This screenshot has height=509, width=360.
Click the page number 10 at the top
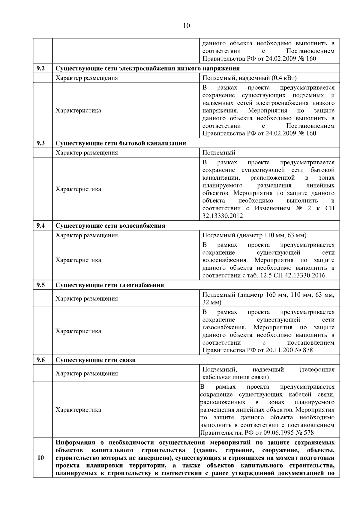click(x=186, y=26)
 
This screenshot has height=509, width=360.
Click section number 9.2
click(x=40, y=68)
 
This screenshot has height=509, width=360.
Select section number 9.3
click(x=40, y=143)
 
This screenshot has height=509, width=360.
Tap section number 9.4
click(x=40, y=226)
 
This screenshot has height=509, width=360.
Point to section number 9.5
click(x=40, y=285)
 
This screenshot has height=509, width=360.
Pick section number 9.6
click(x=40, y=360)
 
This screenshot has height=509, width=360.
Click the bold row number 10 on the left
click(x=40, y=458)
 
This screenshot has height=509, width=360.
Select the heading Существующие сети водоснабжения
click(x=110, y=226)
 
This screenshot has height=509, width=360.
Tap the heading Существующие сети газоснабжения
click(x=109, y=285)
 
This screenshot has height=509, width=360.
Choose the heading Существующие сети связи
click(x=95, y=360)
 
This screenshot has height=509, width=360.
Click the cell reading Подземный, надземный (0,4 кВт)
click(x=249, y=78)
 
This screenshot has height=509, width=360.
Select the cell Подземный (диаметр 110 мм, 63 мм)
click(x=254, y=235)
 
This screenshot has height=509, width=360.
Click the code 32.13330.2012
click(x=222, y=216)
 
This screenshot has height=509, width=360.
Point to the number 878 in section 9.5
click(x=308, y=350)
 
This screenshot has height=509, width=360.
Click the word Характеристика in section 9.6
click(x=78, y=410)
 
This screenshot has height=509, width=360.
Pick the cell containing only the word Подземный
click(x=219, y=153)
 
